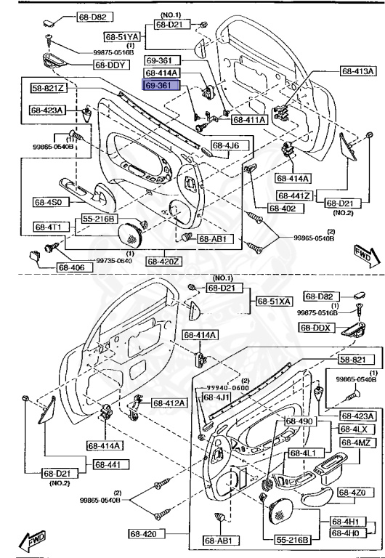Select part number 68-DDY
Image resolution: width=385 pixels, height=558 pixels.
click(110, 65)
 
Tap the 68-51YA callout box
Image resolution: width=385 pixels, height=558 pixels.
click(121, 36)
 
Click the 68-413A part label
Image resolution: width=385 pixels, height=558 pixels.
click(358, 71)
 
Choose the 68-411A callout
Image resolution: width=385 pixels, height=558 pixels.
click(248, 119)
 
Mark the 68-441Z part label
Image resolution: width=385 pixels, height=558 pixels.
click(293, 195)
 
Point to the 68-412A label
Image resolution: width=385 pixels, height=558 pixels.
click(169, 403)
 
